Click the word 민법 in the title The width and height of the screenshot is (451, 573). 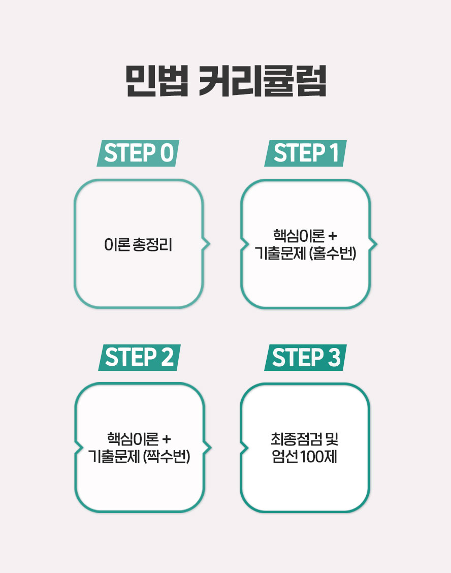pos(157,81)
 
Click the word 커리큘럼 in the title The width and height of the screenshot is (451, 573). pos(263,81)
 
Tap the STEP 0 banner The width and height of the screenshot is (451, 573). pos(138,153)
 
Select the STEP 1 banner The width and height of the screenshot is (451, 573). pos(306,153)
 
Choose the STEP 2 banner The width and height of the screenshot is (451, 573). pos(139,358)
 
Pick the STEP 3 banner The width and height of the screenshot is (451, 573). pos(306,358)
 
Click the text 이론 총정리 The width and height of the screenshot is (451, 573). pos(138,244)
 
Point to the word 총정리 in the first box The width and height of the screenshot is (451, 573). pos(152,244)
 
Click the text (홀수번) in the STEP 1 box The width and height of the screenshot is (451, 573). pos(333,253)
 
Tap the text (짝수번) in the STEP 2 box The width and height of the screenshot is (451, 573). pos(167,456)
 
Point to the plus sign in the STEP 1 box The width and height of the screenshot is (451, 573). pos(332,236)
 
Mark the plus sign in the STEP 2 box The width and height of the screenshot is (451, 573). pos(166,439)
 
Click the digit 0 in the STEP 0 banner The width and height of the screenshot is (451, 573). pos(167,153)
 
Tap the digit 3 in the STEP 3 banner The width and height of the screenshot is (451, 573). pos(334,358)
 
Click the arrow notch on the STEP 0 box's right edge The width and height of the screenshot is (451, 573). pos(207,244)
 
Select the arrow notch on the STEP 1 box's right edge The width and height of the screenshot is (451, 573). pos(373,244)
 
